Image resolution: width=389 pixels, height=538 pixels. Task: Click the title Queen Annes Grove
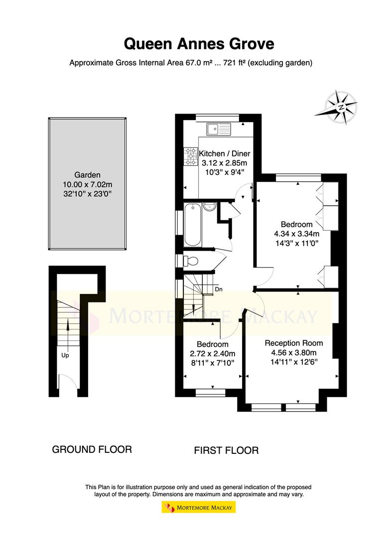point(199,44)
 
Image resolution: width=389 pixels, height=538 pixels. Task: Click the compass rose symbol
point(341,106)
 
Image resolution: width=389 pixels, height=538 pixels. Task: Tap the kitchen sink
point(219,129)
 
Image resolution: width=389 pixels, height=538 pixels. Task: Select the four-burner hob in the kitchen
point(191,156)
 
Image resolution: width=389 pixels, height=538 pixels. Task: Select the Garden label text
point(88,175)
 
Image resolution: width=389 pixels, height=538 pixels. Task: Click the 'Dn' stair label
point(218,289)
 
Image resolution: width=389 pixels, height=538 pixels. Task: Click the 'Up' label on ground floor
point(65,356)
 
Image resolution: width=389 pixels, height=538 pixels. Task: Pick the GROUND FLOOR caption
point(92,449)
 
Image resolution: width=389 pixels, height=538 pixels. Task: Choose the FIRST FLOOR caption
point(226,451)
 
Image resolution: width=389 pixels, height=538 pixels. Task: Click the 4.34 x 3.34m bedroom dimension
point(296,234)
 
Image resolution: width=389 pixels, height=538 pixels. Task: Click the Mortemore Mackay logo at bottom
point(199,507)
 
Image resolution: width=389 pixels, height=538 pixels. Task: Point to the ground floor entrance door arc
point(65,381)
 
